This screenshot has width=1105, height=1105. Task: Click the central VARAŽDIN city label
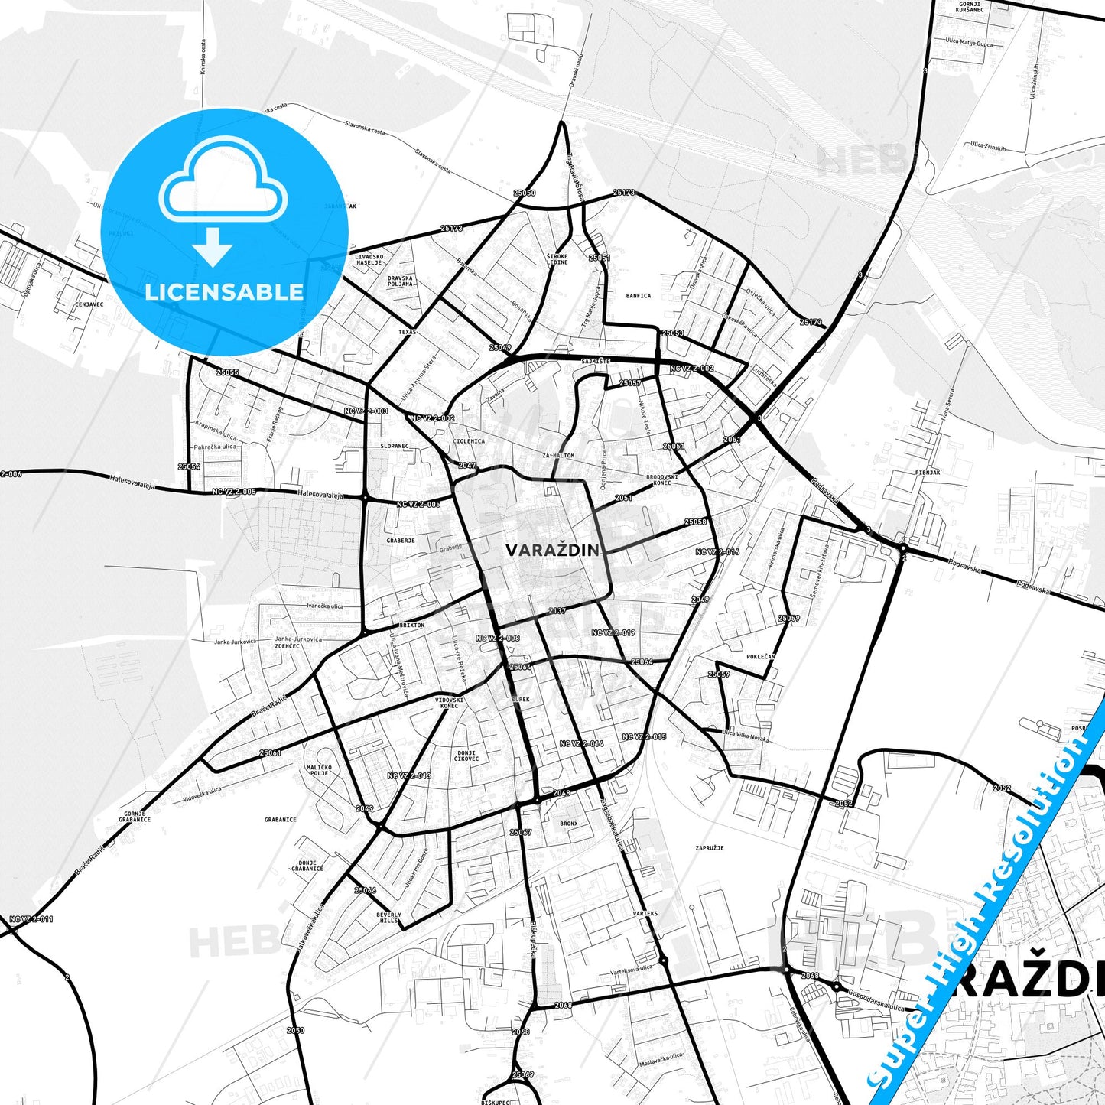coord(553,550)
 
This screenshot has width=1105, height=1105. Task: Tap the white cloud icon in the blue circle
coord(223,181)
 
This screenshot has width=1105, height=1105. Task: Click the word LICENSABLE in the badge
coord(224,291)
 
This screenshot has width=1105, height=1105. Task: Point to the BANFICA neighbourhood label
coord(639,296)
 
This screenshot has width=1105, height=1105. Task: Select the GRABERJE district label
coord(401,541)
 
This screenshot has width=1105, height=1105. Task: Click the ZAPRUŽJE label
coord(710,848)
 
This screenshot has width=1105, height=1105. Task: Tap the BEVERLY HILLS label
coord(388,918)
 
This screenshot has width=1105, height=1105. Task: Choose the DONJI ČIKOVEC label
coord(466,756)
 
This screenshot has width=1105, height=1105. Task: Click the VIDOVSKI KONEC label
coord(450,703)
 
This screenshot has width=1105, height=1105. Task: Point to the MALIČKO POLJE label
coord(319,770)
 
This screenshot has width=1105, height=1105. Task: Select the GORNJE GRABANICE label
coord(135,817)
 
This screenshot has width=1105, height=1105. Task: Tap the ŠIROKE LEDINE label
coord(557,259)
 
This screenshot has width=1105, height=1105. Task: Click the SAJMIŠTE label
coord(594,361)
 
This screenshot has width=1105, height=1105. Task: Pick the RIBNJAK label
coord(928,473)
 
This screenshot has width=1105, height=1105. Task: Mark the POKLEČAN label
coord(761,657)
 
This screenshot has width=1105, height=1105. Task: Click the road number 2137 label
coord(557,611)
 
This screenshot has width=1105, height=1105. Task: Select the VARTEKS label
coord(645,914)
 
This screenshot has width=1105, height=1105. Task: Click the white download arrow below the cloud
coord(213,246)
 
